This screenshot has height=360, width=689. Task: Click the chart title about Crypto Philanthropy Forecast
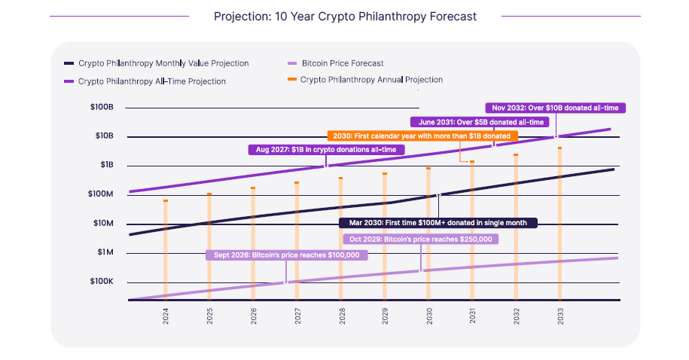(x=345, y=16)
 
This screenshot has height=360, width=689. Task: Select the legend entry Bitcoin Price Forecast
(x=343, y=63)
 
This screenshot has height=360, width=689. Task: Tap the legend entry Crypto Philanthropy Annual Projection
(x=371, y=80)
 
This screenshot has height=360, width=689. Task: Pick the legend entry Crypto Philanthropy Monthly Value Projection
(x=163, y=63)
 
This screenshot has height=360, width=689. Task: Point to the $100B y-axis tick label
(x=101, y=108)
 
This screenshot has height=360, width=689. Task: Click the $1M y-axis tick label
(x=102, y=252)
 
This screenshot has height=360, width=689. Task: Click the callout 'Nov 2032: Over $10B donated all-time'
(x=555, y=108)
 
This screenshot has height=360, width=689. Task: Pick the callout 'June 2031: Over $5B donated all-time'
(x=480, y=122)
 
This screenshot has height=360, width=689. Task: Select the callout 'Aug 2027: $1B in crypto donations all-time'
(x=326, y=150)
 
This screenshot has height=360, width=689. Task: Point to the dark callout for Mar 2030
(x=437, y=223)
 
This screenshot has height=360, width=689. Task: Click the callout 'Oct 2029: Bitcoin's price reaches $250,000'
(x=420, y=239)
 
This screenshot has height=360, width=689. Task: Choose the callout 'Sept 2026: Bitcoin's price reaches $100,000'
(x=286, y=255)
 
